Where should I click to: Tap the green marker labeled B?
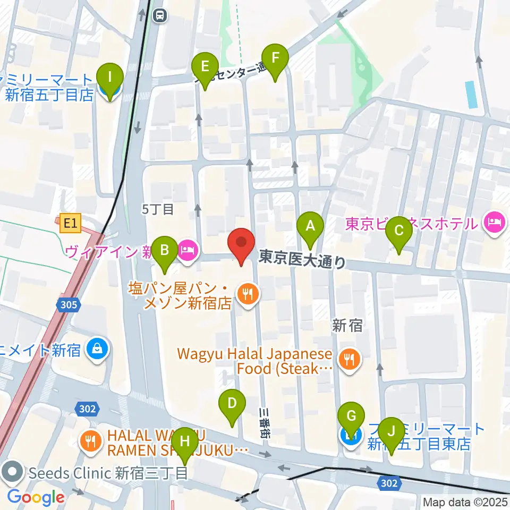coord(165,250)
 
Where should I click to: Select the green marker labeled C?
coord(399,231)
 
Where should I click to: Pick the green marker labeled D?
coord(232,403)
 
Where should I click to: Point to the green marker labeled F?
coord(275,58)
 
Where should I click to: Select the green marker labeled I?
coord(110,77)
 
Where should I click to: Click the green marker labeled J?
coord(392,432)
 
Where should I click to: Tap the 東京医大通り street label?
coord(302,260)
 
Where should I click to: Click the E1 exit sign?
coord(70,224)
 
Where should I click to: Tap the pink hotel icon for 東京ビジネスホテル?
coord(494,223)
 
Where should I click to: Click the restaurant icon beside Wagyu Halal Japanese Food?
coord(349,361)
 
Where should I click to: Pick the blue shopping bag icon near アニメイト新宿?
coord(98,349)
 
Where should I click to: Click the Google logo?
coord(36,497)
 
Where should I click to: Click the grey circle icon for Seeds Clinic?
coord(12,472)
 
